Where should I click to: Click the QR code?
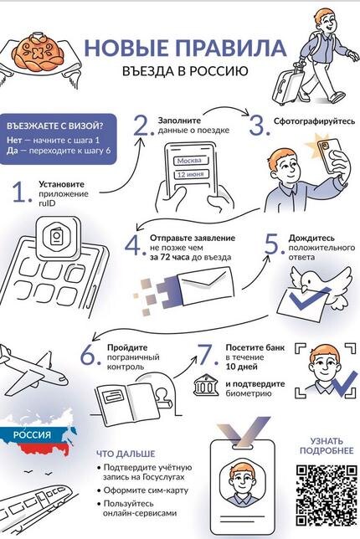click(326, 495)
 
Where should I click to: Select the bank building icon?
click(206, 385)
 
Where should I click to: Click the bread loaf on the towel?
click(39, 52)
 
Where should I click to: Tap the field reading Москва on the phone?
click(189, 161)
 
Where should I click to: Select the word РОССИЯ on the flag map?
click(32, 434)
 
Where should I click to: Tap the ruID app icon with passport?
click(59, 238)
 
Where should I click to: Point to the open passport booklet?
click(128, 404)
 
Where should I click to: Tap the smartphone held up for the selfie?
click(329, 154)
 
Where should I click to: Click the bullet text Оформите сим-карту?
click(146, 490)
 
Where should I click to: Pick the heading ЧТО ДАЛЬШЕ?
click(126, 454)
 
